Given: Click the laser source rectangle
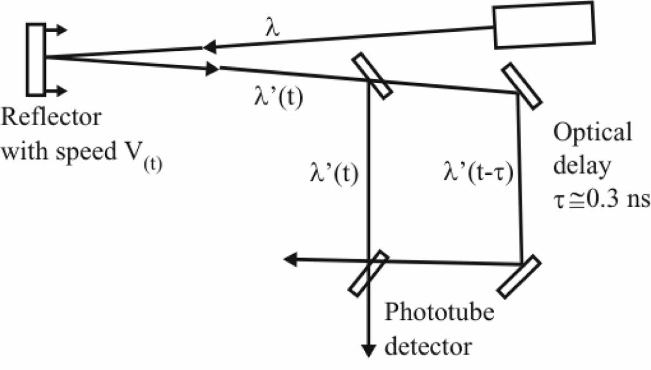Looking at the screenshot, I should coord(544,26).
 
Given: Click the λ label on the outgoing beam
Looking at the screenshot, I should coord(271,29).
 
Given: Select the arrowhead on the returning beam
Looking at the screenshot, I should coord(213,69).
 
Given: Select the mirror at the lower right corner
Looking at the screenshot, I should coord(518,276).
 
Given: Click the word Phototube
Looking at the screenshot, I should coord(439,314).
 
